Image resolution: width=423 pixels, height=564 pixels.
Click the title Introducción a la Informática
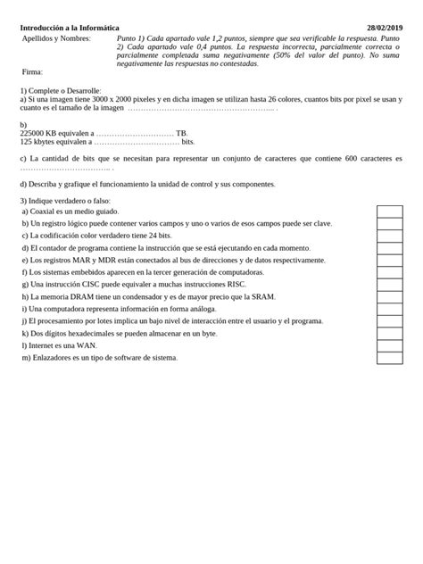coord(70,29)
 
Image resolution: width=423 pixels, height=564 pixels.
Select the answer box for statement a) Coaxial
coord(389,211)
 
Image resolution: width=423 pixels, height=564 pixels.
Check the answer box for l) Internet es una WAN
coord(389,345)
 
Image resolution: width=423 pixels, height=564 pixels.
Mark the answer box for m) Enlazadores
coord(389,358)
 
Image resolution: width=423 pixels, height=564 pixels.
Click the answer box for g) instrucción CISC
coord(389,285)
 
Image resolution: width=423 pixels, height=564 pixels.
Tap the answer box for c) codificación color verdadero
coord(389,236)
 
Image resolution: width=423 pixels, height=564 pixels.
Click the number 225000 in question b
coord(34,133)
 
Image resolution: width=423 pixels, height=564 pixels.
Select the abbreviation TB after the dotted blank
coord(182,133)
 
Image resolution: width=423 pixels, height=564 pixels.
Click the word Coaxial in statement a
coord(45,211)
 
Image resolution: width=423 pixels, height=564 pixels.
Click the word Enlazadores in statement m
coord(54,358)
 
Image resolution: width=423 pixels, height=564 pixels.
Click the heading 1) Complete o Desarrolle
coord(61,91)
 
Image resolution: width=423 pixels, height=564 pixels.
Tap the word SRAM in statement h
coord(262,296)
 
